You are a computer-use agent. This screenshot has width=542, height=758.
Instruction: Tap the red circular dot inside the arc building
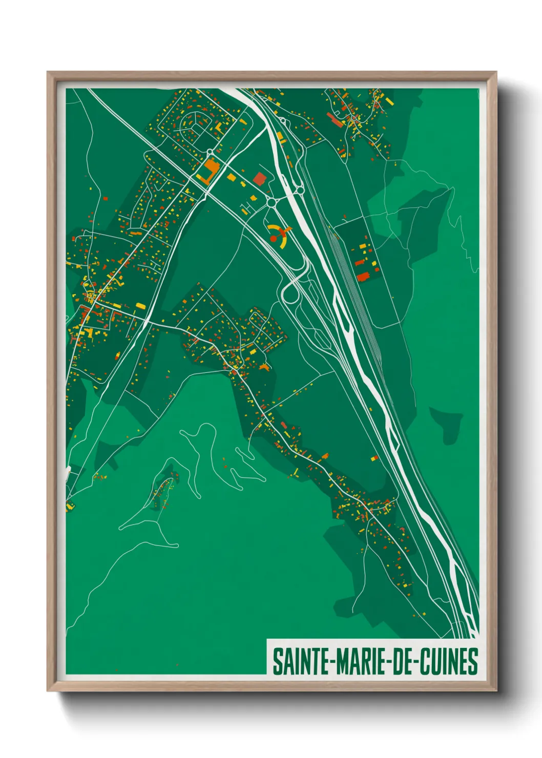273,239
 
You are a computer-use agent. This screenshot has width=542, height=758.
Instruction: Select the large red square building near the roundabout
260,178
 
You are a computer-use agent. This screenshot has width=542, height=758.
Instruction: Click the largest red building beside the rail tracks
363,277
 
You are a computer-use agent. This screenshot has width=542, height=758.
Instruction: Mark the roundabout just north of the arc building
271,203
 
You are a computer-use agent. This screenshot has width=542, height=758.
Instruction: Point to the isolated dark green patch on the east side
445,425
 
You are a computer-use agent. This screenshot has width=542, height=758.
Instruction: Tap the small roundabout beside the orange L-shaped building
210,152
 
